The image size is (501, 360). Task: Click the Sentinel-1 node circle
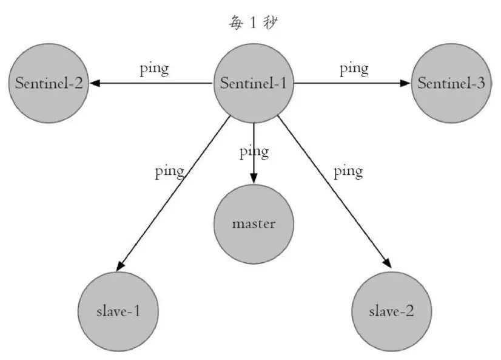point(254,83)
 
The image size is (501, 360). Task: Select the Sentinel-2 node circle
point(50,83)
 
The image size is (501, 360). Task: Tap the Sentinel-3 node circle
point(451,83)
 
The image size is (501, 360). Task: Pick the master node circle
point(254,223)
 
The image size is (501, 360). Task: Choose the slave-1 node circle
point(118,311)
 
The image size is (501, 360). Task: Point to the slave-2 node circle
point(392,311)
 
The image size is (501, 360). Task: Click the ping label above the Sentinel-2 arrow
point(154,68)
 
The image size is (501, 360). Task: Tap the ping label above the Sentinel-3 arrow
point(354,68)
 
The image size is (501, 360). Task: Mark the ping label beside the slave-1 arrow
point(169,171)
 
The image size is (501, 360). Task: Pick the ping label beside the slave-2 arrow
point(348,171)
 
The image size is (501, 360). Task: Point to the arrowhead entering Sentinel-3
point(406,83)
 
